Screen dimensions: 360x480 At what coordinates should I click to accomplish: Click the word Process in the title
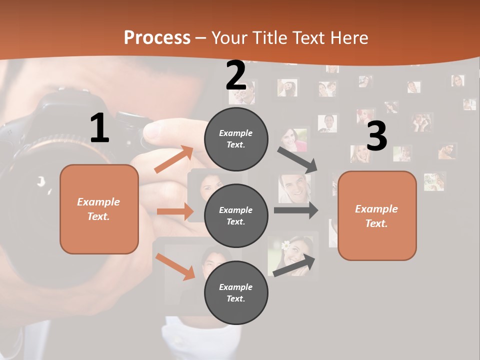pyautogui.click(x=157, y=38)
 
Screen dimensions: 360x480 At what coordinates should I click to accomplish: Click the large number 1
pyautogui.click(x=99, y=128)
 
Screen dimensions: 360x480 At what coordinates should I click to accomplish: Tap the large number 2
pyautogui.click(x=236, y=75)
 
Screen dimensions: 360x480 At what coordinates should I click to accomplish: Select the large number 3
pyautogui.click(x=377, y=136)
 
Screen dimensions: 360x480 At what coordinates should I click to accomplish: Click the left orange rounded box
pyautogui.click(x=99, y=209)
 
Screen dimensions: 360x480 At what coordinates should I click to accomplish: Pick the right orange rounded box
pyautogui.click(x=377, y=216)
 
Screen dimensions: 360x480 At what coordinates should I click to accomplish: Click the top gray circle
pyautogui.click(x=236, y=139)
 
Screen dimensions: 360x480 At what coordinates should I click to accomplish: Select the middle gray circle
pyautogui.click(x=236, y=215)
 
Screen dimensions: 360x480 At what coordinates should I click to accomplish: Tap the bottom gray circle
pyautogui.click(x=236, y=292)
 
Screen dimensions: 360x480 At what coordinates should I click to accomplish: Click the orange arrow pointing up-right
pyautogui.click(x=173, y=159)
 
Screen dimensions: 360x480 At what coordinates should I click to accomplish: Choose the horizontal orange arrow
pyautogui.click(x=175, y=211)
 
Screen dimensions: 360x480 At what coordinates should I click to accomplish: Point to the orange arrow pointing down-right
pyautogui.click(x=175, y=266)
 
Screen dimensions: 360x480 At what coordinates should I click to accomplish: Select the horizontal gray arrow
pyautogui.click(x=295, y=210)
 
